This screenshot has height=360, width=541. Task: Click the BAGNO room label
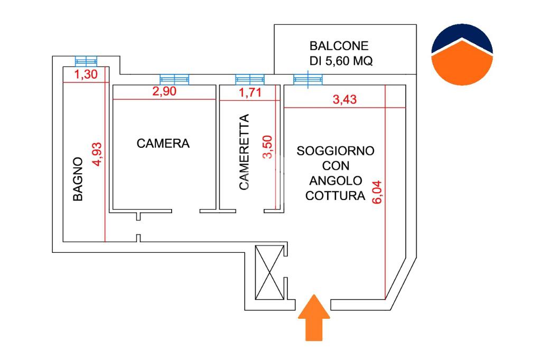(78, 179)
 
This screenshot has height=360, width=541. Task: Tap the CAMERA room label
(163, 143)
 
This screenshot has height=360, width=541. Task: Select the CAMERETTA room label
(244, 153)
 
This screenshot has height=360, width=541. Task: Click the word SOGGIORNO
(335, 151)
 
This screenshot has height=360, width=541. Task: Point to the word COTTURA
(335, 195)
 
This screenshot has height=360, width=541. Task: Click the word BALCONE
(339, 46)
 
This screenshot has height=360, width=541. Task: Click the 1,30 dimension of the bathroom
(86, 74)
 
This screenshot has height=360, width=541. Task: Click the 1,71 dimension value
(249, 92)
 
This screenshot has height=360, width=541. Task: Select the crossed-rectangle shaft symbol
(269, 272)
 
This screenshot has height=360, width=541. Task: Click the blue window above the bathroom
(86, 61)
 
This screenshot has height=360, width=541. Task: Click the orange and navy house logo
(462, 54)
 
